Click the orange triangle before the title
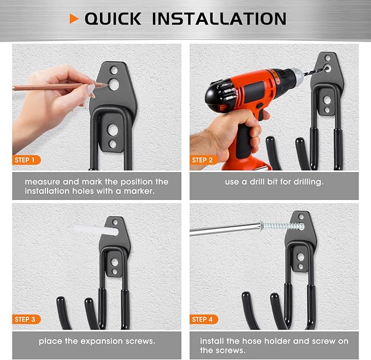[x=74, y=19]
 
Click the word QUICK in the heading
[x=113, y=19]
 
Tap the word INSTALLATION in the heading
[x=219, y=19]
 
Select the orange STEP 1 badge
[x=26, y=160]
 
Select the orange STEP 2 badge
[x=203, y=160]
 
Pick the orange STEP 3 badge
[x=26, y=320]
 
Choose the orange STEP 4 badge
[x=203, y=320]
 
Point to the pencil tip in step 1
[x=107, y=85]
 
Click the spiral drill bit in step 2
[x=316, y=72]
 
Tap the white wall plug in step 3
[x=95, y=230]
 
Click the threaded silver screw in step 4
[x=282, y=226]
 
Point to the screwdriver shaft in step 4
[x=225, y=229]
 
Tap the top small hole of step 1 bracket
[x=114, y=70]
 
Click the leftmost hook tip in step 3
[x=61, y=300]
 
